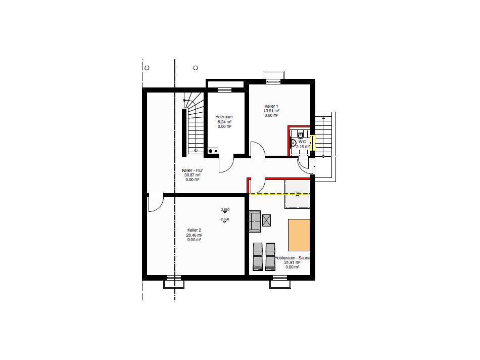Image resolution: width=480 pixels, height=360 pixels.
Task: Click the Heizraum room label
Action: [x=224, y=117]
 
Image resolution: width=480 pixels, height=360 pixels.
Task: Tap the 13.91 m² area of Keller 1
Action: [x=271, y=111]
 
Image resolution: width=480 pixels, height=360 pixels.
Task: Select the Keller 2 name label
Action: [x=195, y=231]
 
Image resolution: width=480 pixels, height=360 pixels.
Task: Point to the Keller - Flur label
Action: [x=192, y=170]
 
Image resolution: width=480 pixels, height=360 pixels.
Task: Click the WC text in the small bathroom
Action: [x=302, y=142]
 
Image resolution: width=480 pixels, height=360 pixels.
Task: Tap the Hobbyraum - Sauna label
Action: [x=293, y=258]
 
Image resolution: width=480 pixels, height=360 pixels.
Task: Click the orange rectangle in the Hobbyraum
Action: [x=299, y=235]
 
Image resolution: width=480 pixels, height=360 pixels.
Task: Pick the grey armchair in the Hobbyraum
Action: [x=255, y=222]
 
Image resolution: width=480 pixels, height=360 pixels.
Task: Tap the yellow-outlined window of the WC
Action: [x=312, y=143]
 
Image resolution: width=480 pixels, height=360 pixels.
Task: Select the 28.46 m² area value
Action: [x=195, y=235]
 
